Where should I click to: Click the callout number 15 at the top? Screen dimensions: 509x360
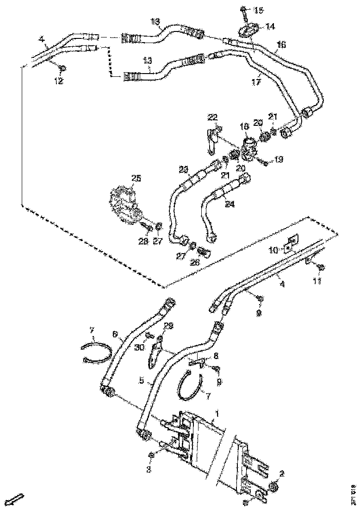[258, 10]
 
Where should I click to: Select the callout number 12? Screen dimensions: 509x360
[58, 81]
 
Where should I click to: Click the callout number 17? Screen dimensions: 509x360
[256, 82]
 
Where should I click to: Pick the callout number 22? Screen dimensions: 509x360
[212, 117]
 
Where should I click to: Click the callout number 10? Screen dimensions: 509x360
[273, 250]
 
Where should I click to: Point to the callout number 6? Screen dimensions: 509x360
[116, 333]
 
